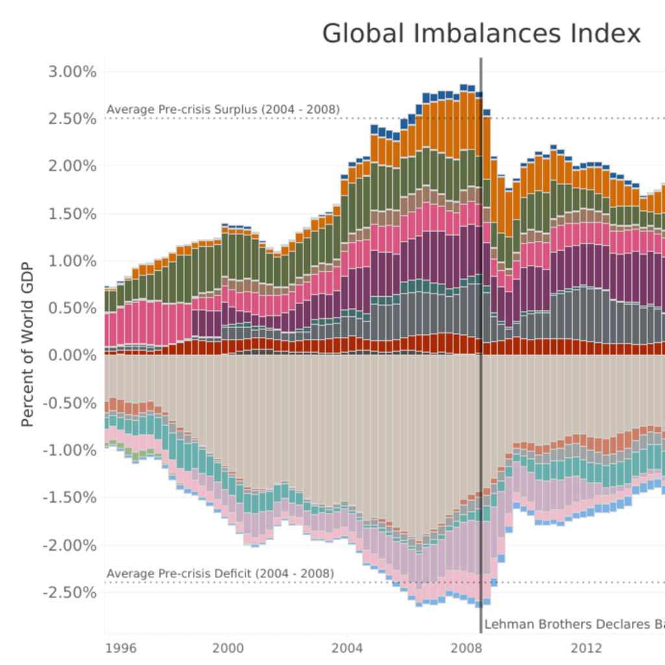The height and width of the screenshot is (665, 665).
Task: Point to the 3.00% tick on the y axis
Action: point(73,71)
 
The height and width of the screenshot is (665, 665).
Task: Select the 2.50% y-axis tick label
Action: point(73,119)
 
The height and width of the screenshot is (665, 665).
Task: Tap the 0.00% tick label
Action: point(73,355)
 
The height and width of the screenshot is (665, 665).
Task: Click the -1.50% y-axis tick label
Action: point(70,497)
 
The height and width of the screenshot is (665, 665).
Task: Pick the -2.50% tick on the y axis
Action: point(70,592)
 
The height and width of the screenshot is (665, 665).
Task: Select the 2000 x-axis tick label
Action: point(228,647)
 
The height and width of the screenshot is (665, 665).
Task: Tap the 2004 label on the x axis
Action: point(347,647)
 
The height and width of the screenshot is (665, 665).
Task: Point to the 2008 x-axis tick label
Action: point(466,647)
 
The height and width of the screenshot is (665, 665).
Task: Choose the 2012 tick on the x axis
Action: point(585,647)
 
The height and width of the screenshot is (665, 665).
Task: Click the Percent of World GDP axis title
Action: point(27,355)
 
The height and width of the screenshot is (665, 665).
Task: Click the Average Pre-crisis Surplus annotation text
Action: point(223,109)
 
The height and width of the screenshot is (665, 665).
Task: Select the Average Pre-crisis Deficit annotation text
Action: point(220,574)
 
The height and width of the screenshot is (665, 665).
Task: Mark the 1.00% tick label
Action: point(73,261)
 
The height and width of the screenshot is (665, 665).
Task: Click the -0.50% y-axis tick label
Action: point(70,403)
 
